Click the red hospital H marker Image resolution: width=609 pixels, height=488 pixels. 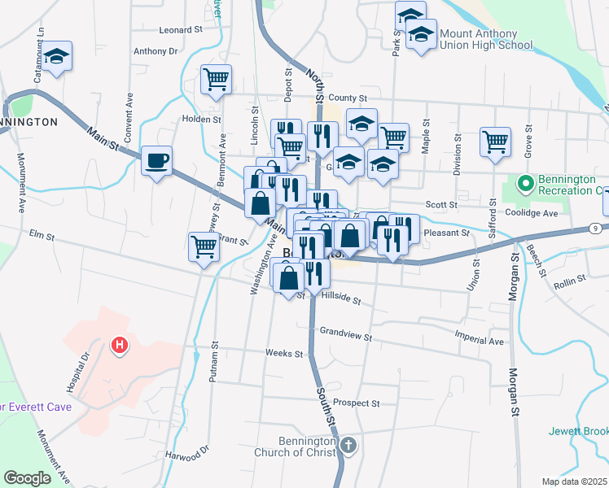tap(120, 346)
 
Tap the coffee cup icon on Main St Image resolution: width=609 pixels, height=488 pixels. tap(156, 159)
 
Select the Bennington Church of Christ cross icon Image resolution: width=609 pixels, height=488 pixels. tap(348, 446)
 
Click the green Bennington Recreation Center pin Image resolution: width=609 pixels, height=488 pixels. tap(525, 183)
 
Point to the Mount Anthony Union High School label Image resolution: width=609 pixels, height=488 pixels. tap(486, 39)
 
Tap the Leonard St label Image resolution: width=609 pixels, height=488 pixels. tap(181, 29)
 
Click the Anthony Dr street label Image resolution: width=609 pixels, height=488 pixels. tap(156, 50)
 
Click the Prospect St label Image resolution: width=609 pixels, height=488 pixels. tap(356, 403)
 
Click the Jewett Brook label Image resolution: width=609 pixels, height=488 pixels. tap(578, 431)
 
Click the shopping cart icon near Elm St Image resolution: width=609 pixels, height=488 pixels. tap(204, 246)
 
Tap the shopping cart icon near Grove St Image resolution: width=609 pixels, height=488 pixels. tap(495, 142)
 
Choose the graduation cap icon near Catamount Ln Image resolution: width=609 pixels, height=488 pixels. tap(56, 57)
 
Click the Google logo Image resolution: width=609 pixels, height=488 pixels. tap(28, 477)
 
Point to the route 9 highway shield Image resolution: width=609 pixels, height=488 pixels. tap(595, 229)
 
